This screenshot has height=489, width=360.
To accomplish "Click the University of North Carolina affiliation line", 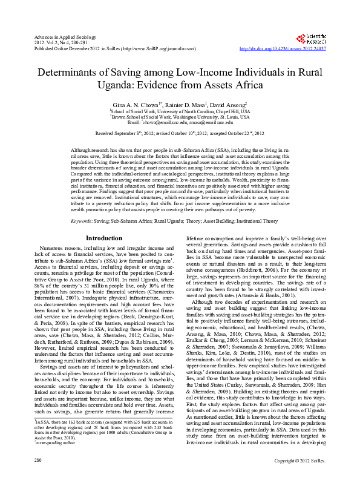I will point(180,112).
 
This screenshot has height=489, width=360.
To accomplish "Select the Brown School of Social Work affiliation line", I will point(180,117).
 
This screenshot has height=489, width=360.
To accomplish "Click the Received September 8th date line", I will point(180,133).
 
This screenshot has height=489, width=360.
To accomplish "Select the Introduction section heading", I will point(104,238).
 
